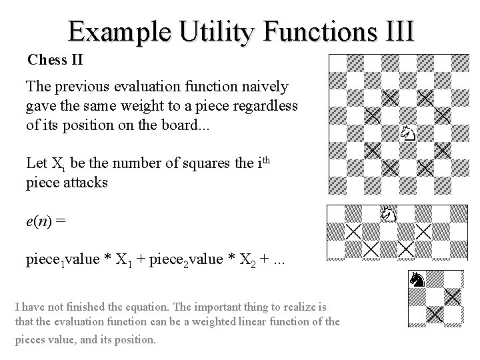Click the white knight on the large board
(x=408, y=133)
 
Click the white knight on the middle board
(x=389, y=214)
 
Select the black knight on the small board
(x=418, y=280)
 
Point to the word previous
(x=79, y=86)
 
